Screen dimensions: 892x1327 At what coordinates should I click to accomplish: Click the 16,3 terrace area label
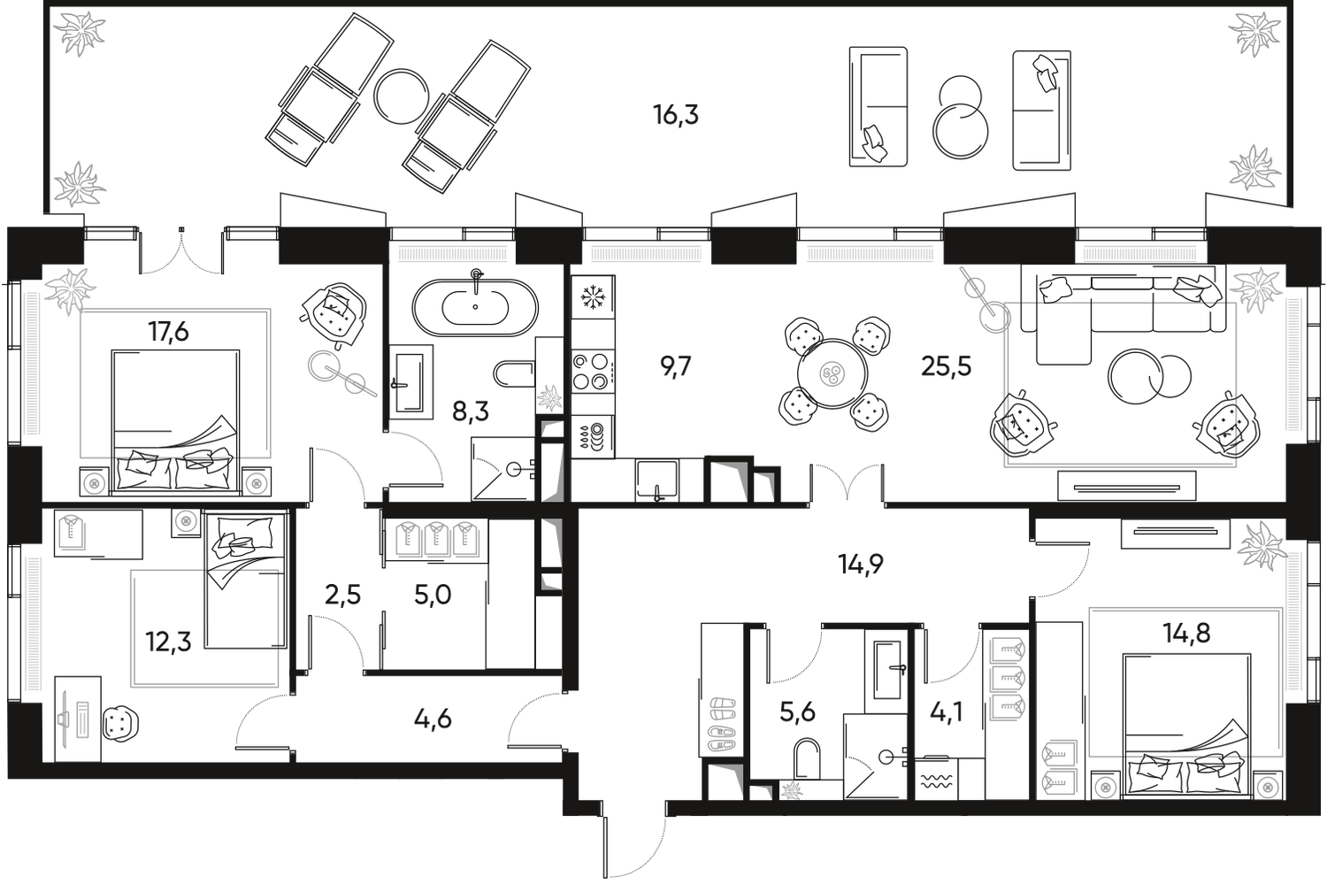pyautogui.click(x=677, y=115)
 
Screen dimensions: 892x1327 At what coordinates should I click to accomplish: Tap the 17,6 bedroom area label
pyautogui.click(x=169, y=334)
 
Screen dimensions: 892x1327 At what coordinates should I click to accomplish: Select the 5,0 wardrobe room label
pyautogui.click(x=433, y=596)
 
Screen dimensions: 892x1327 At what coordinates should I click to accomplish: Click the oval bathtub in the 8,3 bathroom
pyautogui.click(x=476, y=306)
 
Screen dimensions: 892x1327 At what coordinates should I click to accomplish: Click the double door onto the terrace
pyautogui.click(x=183, y=251)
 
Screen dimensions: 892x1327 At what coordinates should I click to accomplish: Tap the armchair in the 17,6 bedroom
pyautogui.click(x=334, y=313)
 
